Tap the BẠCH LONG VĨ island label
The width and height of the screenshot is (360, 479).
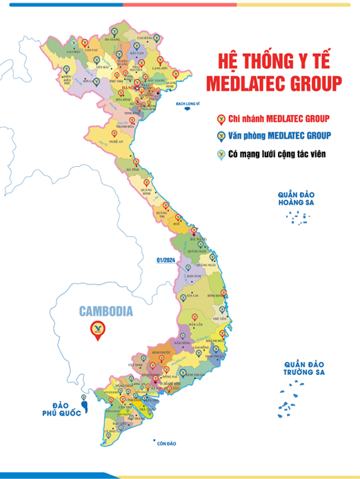192,103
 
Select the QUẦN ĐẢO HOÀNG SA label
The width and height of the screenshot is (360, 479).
292,198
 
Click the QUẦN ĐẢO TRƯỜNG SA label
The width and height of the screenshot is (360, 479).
303,367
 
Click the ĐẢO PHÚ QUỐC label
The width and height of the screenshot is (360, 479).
59,409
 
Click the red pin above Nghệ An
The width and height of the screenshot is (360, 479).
115,133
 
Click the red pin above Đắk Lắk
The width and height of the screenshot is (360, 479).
195,317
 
